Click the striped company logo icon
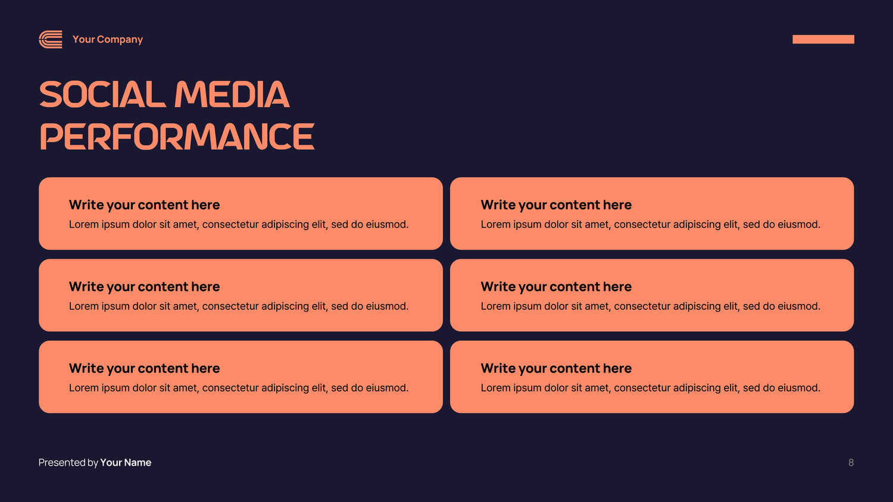[51, 39]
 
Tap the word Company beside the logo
[120, 40]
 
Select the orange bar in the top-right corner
[823, 39]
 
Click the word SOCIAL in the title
[102, 95]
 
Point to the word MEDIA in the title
[232, 95]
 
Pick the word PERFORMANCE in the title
[177, 136]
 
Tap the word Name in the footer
[138, 463]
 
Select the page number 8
[851, 463]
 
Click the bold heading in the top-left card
[144, 205]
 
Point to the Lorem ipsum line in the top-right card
[650, 224]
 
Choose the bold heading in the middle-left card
[144, 287]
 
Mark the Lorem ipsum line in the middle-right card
[650, 306]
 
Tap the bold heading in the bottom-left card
[144, 368]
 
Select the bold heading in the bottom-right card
[556, 368]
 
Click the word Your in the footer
[111, 463]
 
